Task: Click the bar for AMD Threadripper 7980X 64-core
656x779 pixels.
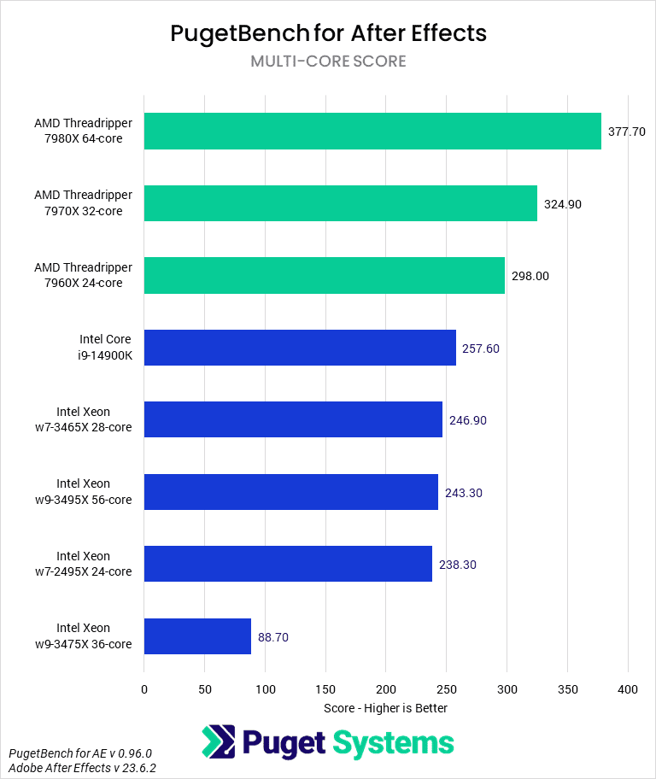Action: [372, 132]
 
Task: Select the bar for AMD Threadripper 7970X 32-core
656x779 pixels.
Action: [340, 203]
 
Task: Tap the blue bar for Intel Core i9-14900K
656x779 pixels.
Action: [300, 348]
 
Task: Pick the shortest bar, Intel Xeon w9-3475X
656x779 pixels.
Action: [197, 636]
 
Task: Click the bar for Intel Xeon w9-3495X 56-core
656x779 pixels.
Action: [290, 492]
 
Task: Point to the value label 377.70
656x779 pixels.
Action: [626, 132]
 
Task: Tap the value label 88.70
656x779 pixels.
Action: [273, 637]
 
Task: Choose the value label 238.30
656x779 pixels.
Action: [457, 565]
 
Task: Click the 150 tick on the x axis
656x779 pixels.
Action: [325, 688]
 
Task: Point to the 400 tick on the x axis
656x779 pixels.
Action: [628, 688]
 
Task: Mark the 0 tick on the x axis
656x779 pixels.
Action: [144, 688]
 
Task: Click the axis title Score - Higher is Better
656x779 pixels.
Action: [385, 708]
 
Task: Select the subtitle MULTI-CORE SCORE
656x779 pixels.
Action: [328, 61]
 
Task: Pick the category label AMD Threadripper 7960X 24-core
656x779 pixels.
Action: [84, 275]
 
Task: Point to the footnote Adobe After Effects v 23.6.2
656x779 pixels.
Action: [83, 768]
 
